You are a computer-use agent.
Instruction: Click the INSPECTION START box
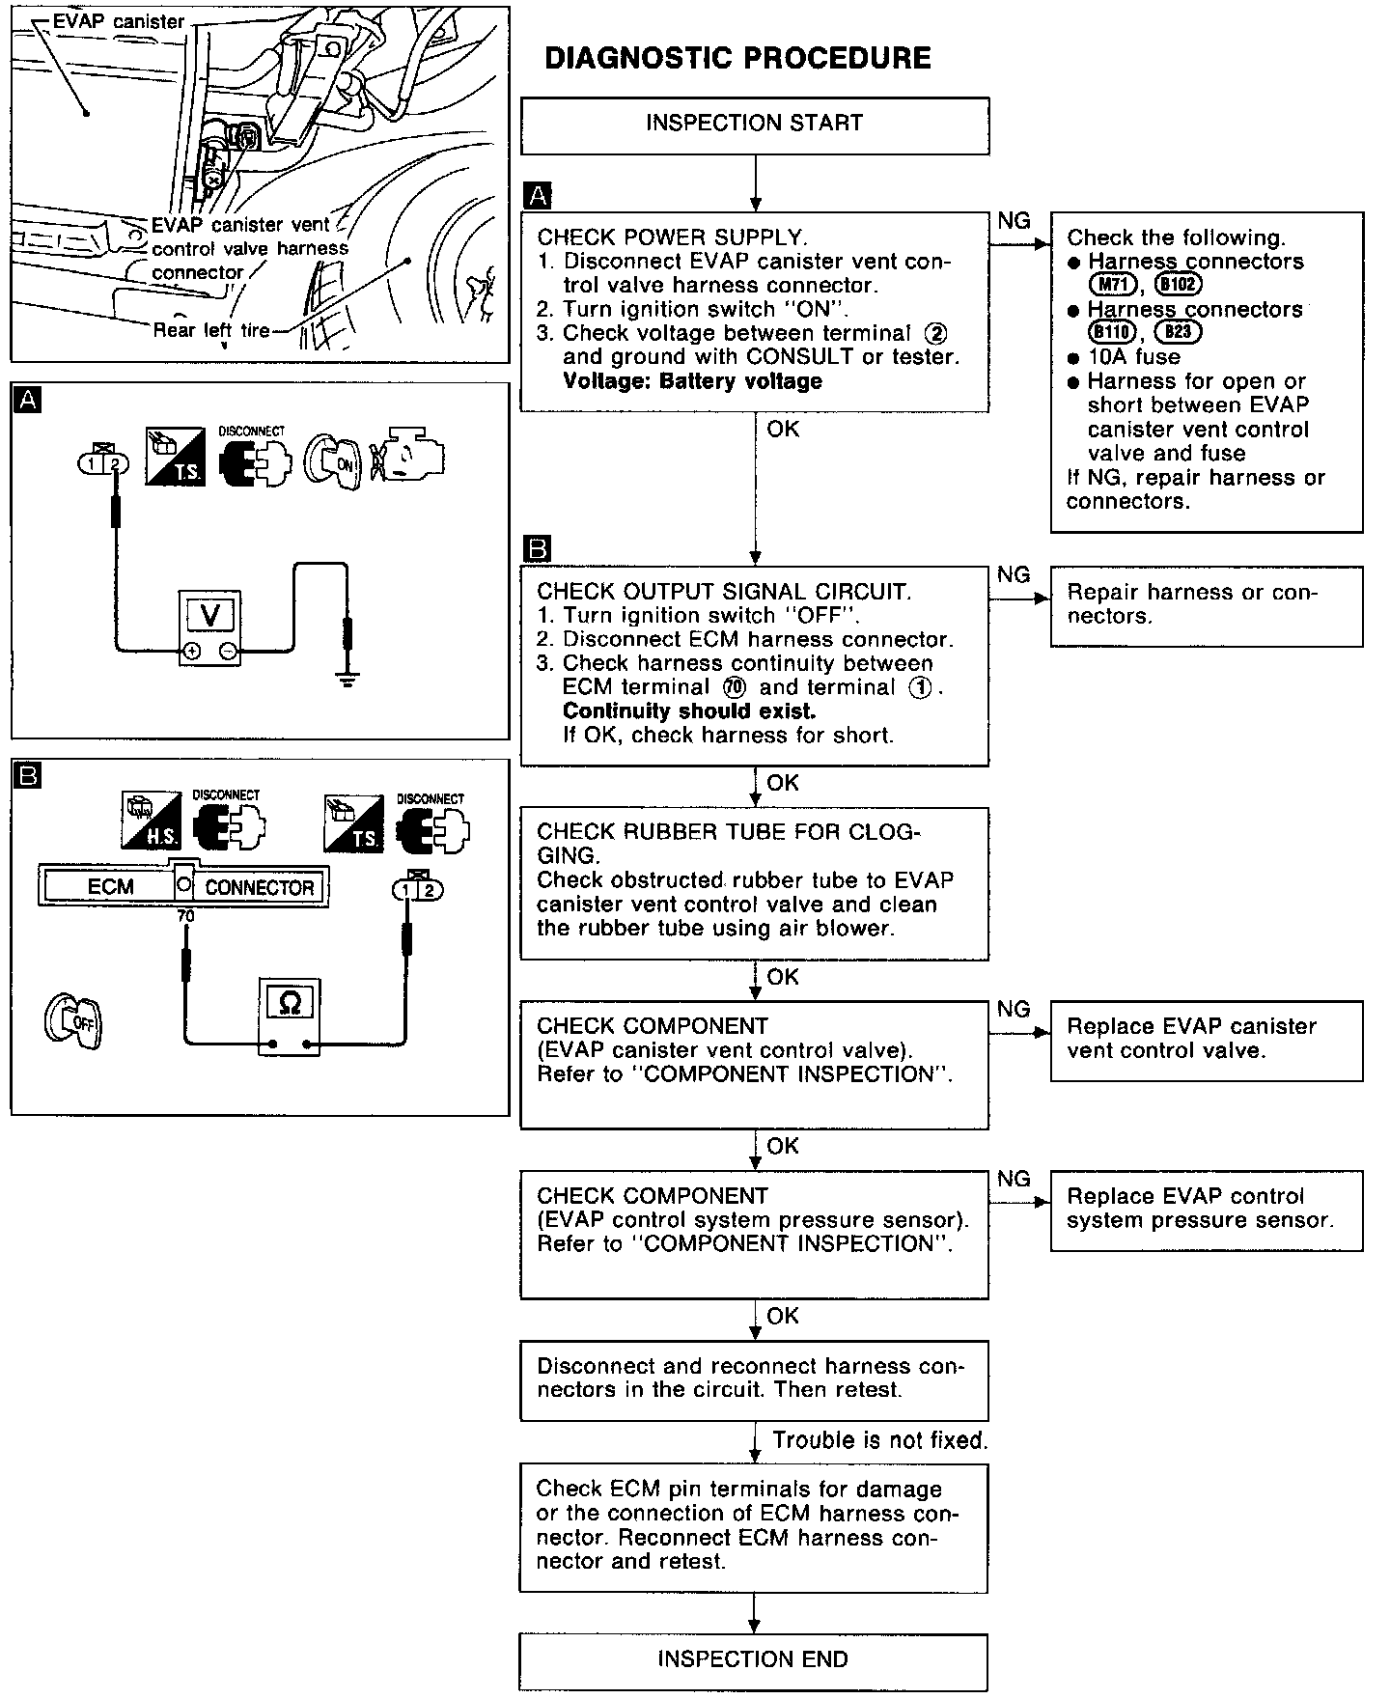(x=754, y=125)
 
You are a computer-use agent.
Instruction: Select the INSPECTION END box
(x=753, y=1659)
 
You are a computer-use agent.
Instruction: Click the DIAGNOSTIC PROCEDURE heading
(x=737, y=58)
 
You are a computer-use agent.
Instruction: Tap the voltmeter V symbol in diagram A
(x=209, y=614)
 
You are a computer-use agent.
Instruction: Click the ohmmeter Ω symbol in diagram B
(x=289, y=1003)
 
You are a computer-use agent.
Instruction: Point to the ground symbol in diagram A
(x=347, y=679)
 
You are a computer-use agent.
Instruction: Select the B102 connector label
(x=1178, y=285)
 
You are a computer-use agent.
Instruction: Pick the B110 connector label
(x=1111, y=333)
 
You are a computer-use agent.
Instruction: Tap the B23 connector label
(x=1177, y=333)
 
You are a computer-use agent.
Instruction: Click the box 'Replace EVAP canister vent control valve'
(x=1206, y=1040)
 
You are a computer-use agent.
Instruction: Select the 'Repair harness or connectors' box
(x=1206, y=605)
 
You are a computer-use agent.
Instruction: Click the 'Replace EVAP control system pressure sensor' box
(x=1206, y=1210)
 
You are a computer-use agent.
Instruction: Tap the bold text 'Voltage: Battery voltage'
(x=692, y=381)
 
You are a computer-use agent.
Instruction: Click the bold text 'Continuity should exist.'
(x=689, y=711)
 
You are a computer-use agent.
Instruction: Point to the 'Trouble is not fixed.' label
(x=879, y=1440)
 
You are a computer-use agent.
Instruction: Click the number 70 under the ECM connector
(x=185, y=915)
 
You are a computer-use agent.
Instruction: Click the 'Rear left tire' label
(x=211, y=330)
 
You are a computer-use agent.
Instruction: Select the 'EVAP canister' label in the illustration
(x=118, y=20)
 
